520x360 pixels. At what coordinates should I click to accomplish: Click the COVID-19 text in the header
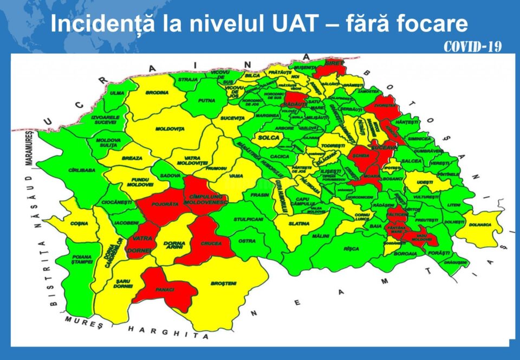point(472,47)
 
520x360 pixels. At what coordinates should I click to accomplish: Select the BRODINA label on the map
point(157,93)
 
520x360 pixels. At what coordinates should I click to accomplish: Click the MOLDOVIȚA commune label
point(170,128)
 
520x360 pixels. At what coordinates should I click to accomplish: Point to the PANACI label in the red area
point(164,290)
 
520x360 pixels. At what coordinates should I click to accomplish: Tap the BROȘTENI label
point(224,284)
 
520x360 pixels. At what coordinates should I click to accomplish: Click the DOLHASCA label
point(480,223)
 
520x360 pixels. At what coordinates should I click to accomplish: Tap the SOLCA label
point(269,138)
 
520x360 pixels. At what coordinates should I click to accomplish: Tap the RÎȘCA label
point(351,249)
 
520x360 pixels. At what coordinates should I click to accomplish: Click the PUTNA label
point(206,100)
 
